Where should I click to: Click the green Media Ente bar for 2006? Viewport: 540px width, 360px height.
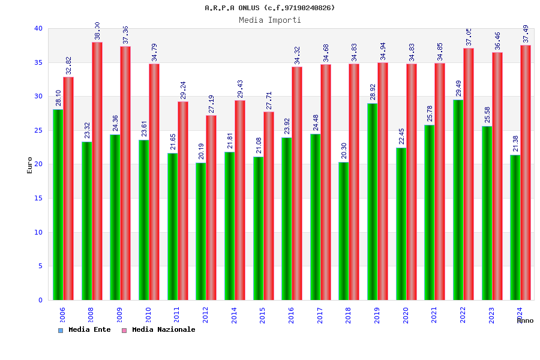pyautogui.click(x=58, y=204)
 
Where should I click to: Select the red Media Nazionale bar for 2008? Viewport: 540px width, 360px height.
pyautogui.click(x=97, y=171)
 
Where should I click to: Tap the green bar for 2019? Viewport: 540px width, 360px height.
pyautogui.click(x=372, y=202)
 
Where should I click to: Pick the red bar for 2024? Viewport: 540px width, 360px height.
pyautogui.click(x=526, y=173)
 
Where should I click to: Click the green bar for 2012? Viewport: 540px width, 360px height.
pyautogui.click(x=200, y=231)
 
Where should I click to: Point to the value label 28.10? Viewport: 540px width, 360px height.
pyautogui.click(x=58, y=98)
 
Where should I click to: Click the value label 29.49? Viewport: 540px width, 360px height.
pyautogui.click(x=458, y=88)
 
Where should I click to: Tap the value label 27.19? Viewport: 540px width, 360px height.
pyautogui.click(x=211, y=104)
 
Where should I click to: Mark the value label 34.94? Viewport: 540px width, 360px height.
pyautogui.click(x=383, y=51)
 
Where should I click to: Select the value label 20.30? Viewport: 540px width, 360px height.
pyautogui.click(x=344, y=151)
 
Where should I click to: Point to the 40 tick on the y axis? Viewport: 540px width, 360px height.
pyautogui.click(x=38, y=28)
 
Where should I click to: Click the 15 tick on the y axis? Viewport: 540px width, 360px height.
pyautogui.click(x=38, y=198)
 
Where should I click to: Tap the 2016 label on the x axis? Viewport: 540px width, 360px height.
pyautogui.click(x=292, y=314)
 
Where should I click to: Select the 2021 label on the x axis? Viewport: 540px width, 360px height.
pyautogui.click(x=434, y=314)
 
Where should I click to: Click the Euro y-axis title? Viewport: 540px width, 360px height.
pyautogui.click(x=30, y=164)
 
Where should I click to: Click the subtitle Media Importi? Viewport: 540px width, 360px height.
pyautogui.click(x=270, y=20)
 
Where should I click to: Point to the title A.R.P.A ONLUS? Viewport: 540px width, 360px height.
pyautogui.click(x=270, y=8)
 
